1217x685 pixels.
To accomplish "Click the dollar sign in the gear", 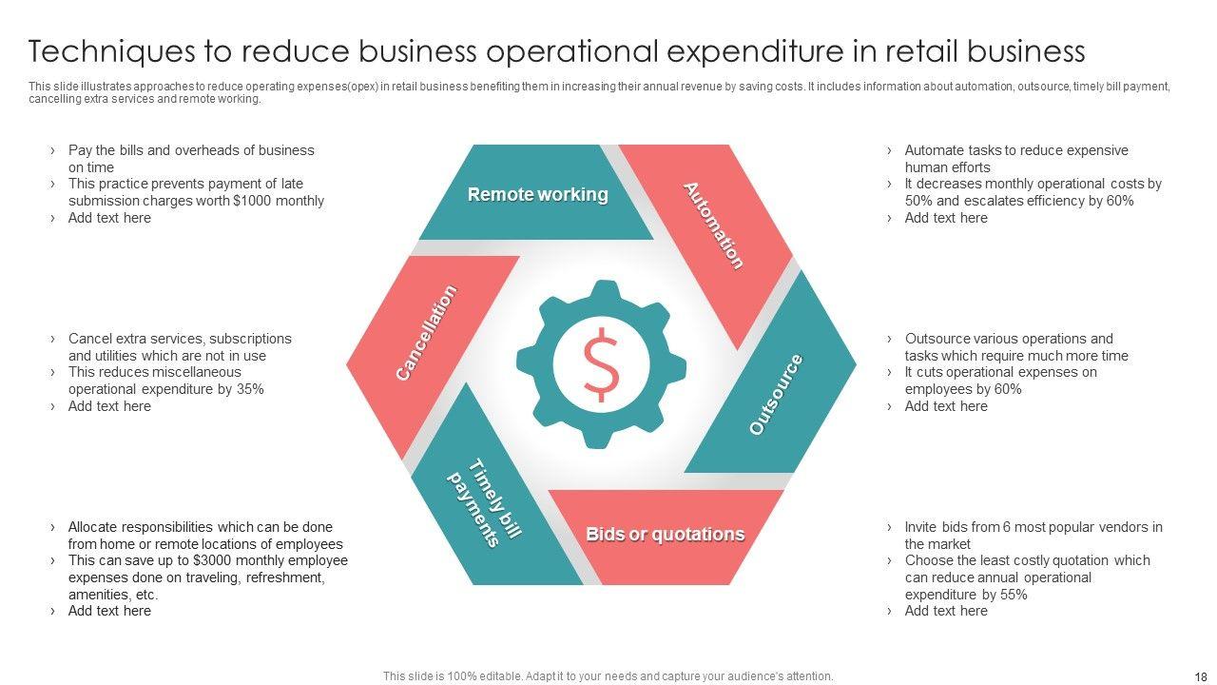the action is [601, 363].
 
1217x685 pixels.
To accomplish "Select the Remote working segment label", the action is [537, 194].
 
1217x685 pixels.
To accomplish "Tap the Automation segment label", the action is [713, 225].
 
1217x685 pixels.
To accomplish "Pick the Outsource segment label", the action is [776, 394].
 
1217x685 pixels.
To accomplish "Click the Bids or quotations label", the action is [665, 534].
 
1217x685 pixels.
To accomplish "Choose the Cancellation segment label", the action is [426, 333].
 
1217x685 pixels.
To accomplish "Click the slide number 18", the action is [1199, 675].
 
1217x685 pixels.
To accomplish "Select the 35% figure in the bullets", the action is [249, 389].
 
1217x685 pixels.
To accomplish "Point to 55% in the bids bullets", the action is [1013, 595].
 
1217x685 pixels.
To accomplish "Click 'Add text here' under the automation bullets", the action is [945, 218].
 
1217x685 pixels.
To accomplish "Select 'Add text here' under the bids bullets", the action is [945, 611].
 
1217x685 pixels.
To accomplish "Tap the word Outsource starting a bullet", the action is [940, 339].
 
